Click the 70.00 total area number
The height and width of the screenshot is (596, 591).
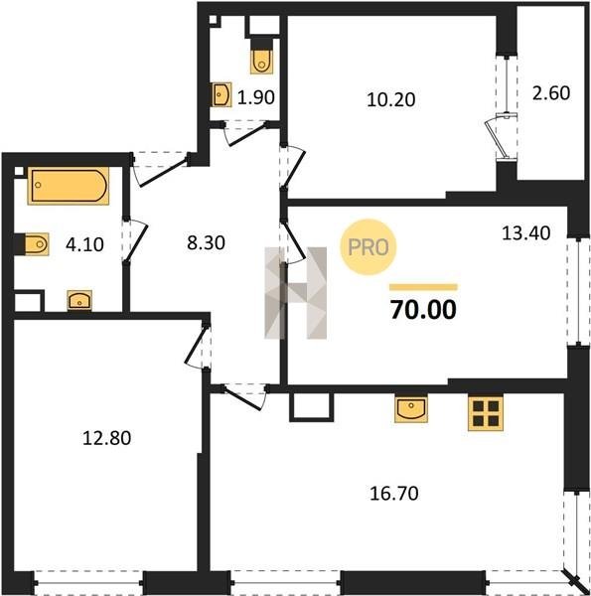(x=423, y=310)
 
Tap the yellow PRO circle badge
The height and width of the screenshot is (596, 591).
(x=368, y=247)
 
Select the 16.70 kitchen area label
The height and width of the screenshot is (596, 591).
(x=394, y=493)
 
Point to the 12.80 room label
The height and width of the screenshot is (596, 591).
(x=107, y=438)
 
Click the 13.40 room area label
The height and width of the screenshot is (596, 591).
(x=526, y=233)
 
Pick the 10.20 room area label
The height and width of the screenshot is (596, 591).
(x=391, y=99)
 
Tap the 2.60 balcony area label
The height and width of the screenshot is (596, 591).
(x=551, y=93)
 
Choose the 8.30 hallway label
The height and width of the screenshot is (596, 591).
(x=206, y=242)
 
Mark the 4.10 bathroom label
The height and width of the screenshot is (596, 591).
(x=84, y=244)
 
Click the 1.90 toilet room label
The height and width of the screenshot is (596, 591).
(x=256, y=97)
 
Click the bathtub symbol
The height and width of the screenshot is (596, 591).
(x=69, y=186)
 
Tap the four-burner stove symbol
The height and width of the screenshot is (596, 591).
(x=486, y=413)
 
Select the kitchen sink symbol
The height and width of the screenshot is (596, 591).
(x=411, y=409)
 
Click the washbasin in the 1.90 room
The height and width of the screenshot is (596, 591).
(x=222, y=94)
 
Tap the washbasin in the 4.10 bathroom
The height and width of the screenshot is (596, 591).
(x=79, y=301)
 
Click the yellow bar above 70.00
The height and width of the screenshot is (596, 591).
(x=424, y=287)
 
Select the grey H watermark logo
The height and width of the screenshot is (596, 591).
(x=295, y=293)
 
